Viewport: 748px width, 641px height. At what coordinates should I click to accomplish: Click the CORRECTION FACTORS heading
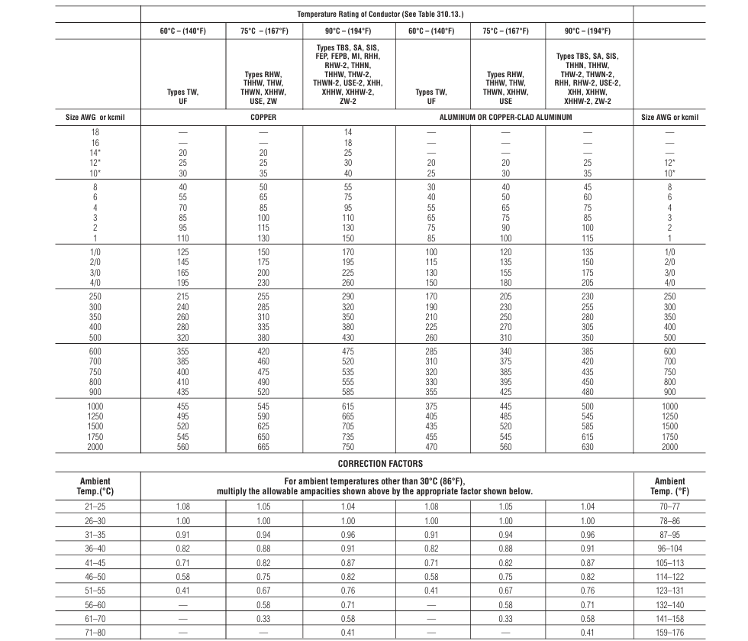pyautogui.click(x=379, y=463)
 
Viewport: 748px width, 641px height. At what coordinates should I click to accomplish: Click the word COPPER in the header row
pyautogui.click(x=263, y=117)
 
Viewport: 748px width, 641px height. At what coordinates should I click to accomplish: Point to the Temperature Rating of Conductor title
pyautogui.click(x=387, y=15)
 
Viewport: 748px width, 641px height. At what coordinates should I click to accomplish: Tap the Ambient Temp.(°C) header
pyautogui.click(x=96, y=486)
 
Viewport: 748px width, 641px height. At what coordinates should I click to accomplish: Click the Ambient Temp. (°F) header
pyautogui.click(x=669, y=486)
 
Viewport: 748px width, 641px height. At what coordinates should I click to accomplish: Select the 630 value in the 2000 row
pyautogui.click(x=588, y=446)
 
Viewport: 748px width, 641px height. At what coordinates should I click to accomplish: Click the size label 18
pyautogui.click(x=96, y=132)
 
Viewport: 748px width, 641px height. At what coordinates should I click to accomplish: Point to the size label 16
pyautogui.click(x=96, y=142)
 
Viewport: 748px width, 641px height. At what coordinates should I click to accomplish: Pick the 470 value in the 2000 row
pyautogui.click(x=431, y=446)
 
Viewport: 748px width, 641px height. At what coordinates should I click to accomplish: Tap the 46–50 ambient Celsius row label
pyautogui.click(x=96, y=576)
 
